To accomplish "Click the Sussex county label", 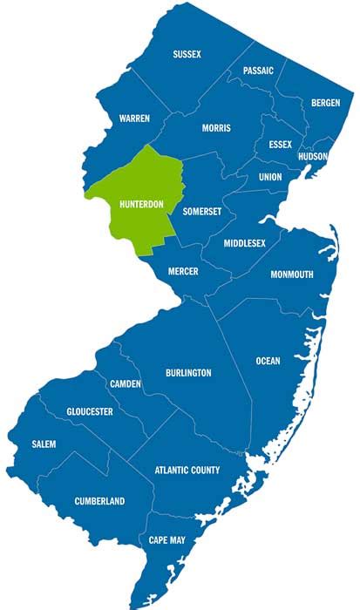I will (x=187, y=54).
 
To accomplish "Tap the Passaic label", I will (x=258, y=71).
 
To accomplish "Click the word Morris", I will (x=216, y=128).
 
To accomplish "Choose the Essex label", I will (x=280, y=144).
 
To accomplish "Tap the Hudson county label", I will (x=312, y=157).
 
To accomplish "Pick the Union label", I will (x=270, y=177).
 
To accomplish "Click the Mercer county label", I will (x=183, y=272).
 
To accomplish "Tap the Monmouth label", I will (x=292, y=274).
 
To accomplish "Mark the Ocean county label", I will (x=268, y=360).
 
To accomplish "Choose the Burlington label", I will (x=188, y=373).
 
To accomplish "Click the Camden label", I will (x=126, y=384).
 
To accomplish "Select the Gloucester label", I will (x=89, y=411).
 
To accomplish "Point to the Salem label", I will (x=44, y=444).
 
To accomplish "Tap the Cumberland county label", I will (x=98, y=501).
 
